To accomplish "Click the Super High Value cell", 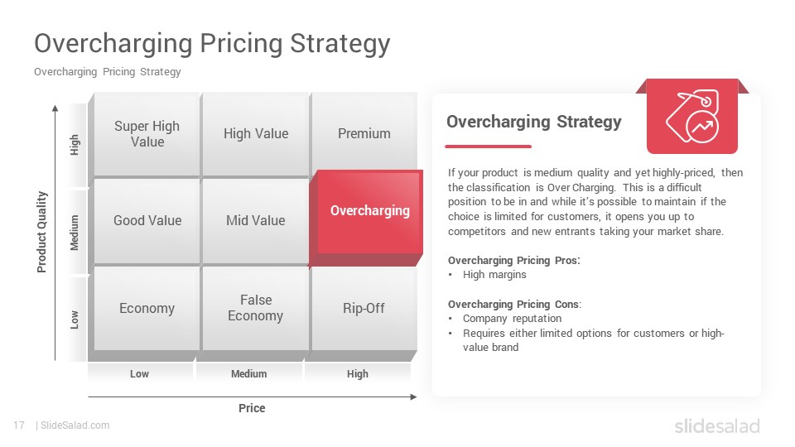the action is click(x=147, y=134).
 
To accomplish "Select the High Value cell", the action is click(x=256, y=134).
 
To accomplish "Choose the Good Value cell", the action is click(x=147, y=220).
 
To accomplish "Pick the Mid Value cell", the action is click(x=256, y=220).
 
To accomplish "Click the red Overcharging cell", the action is click(x=369, y=211).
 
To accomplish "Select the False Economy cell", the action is click(x=256, y=308).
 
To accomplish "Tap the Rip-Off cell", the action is click(x=364, y=309).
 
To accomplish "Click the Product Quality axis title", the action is click(x=41, y=232).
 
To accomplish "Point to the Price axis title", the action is click(x=252, y=408).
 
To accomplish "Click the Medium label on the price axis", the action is click(x=249, y=374).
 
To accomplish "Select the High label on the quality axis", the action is click(x=75, y=145).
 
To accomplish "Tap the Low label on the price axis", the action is click(x=139, y=374).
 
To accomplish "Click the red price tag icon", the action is click(x=692, y=117).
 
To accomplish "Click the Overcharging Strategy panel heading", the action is click(x=534, y=122).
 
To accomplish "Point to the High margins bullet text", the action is click(x=494, y=275).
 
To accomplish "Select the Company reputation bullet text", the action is click(x=512, y=318).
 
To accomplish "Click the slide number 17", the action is click(x=19, y=425).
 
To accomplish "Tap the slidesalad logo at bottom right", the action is click(x=717, y=425).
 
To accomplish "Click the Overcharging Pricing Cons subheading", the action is click(x=514, y=304).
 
